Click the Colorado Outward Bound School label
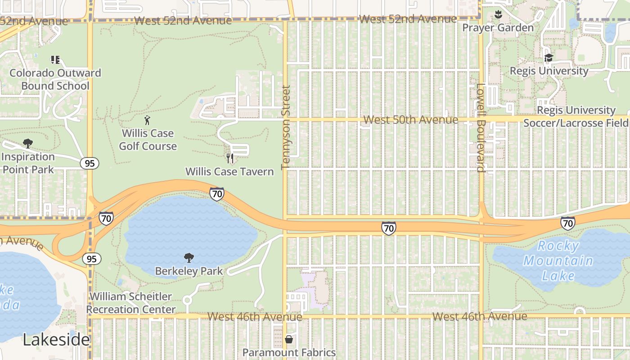55,79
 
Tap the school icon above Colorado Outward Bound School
55,59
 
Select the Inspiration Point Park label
28,163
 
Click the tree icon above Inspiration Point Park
28,144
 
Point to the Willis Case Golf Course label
148,139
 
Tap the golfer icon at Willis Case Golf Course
147,120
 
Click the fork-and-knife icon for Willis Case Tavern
230,158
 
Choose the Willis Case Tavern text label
229,171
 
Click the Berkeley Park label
189,271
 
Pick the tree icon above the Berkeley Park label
189,258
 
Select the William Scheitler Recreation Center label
130,303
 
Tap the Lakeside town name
56,340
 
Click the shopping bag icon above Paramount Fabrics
289,339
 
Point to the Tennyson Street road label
286,128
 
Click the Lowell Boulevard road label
481,128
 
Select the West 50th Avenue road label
410,120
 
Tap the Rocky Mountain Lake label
558,261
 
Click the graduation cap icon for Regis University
549,58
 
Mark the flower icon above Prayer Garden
498,14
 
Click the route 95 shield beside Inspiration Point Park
90,163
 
